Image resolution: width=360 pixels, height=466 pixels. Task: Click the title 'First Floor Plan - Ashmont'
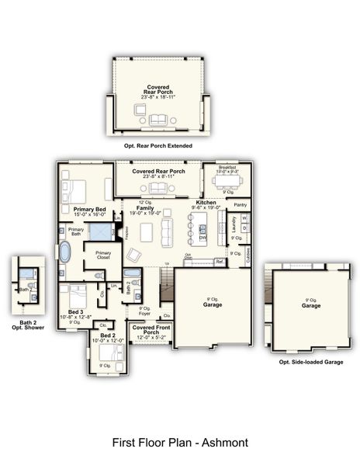180,443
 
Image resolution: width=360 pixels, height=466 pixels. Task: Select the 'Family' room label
145,208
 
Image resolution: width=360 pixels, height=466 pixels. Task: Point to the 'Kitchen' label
206,202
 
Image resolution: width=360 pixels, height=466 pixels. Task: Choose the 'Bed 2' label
106,336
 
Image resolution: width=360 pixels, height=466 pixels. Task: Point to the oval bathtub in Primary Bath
65,253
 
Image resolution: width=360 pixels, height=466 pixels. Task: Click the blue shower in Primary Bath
99,231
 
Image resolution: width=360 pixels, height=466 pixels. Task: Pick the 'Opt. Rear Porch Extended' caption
158,145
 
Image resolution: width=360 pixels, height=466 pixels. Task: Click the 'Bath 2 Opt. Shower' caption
28,325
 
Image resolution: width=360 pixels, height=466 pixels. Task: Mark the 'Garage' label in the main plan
213,304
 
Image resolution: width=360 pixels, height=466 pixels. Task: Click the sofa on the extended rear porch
158,119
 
